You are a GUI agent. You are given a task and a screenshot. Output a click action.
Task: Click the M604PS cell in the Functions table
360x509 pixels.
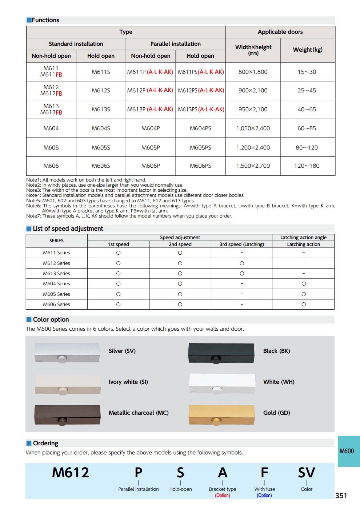pyautogui.click(x=200, y=128)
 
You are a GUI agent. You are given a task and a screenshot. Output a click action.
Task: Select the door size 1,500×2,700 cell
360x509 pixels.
pyautogui.click(x=253, y=166)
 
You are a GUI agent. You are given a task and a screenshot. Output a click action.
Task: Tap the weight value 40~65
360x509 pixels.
pyautogui.click(x=307, y=110)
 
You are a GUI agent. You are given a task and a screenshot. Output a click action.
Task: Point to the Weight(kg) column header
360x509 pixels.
pyautogui.click(x=308, y=50)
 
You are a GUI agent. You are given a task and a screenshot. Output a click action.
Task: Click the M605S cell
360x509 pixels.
pyautogui.click(x=101, y=148)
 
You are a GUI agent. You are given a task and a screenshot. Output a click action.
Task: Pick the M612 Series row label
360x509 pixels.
pyautogui.click(x=56, y=263)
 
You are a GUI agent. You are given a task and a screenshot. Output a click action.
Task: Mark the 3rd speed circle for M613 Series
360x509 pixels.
pyautogui.click(x=242, y=274)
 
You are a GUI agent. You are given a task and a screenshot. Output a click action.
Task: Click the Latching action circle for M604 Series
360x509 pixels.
pyautogui.click(x=304, y=284)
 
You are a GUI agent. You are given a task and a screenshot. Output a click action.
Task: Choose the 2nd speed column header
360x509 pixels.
pyautogui.click(x=180, y=244)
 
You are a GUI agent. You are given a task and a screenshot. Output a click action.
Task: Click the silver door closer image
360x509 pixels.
pyautogui.click(x=67, y=353)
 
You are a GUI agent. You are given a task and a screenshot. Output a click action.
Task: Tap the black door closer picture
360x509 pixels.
pyautogui.click(x=221, y=353)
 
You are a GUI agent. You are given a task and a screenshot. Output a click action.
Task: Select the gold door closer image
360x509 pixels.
pyautogui.click(x=221, y=415)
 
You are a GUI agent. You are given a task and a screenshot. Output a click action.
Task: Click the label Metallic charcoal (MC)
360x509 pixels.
pyautogui.click(x=139, y=413)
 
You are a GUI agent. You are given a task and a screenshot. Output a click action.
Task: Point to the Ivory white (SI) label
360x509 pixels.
pyautogui.click(x=128, y=382)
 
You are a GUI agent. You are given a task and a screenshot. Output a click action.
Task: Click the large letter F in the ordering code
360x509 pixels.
pyautogui.click(x=264, y=473)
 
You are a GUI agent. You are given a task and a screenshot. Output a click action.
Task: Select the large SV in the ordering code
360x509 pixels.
pyautogui.click(x=307, y=473)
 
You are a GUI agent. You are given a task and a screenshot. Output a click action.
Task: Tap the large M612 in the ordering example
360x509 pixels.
pyautogui.click(x=71, y=473)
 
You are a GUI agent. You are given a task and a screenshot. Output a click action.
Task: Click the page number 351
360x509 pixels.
pyautogui.click(x=341, y=496)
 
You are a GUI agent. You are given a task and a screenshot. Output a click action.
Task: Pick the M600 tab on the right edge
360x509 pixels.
pyautogui.click(x=347, y=451)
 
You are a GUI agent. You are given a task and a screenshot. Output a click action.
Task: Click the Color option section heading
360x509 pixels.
pyautogui.click(x=51, y=319)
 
